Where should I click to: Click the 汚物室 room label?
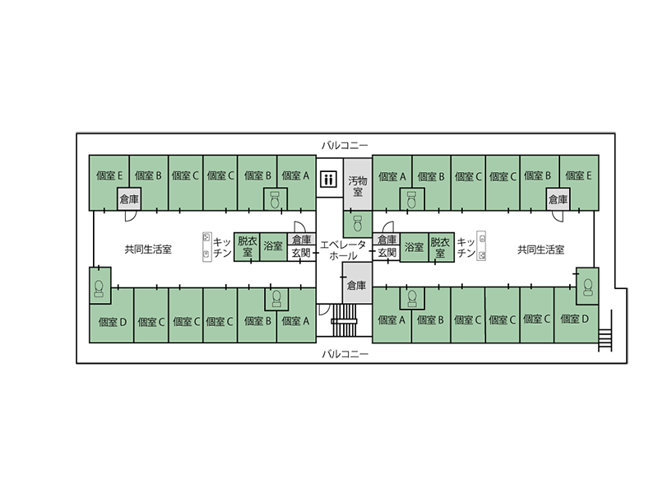click(x=356, y=186)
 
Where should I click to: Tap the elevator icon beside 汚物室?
click(x=328, y=179)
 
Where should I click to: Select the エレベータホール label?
click(x=344, y=250)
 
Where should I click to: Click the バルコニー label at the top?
click(x=345, y=145)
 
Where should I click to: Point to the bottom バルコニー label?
click(x=345, y=355)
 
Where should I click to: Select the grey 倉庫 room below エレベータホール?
click(x=356, y=286)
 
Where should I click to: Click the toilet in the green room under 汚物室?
click(x=358, y=224)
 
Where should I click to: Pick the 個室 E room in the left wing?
click(x=109, y=175)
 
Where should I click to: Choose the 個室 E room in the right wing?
click(x=579, y=175)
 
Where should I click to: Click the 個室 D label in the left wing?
click(x=111, y=321)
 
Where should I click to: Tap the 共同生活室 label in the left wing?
click(x=148, y=249)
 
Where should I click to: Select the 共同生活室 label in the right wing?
click(x=540, y=249)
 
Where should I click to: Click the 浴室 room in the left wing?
click(x=273, y=246)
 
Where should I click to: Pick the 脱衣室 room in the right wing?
click(x=441, y=246)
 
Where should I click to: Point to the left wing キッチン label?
click(x=221, y=248)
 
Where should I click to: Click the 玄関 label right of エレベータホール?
click(x=386, y=254)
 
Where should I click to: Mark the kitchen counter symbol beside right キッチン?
click(x=483, y=247)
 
